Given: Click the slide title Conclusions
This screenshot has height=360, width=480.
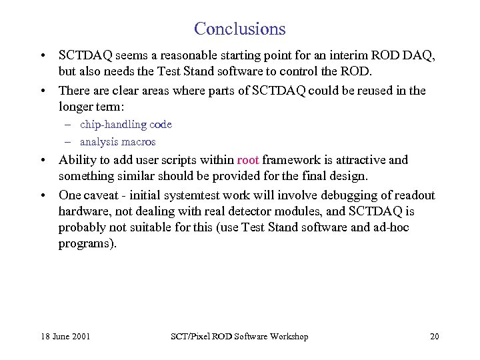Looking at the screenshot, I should tap(240, 29).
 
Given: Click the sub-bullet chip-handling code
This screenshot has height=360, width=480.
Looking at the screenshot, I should tap(126, 125).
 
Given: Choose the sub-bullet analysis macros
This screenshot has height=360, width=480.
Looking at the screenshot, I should tap(118, 142).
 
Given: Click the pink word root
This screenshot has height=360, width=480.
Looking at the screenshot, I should tap(248, 160).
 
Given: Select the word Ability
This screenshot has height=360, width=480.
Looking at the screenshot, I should tap(77, 160).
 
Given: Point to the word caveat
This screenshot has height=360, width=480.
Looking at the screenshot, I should tap(106, 195).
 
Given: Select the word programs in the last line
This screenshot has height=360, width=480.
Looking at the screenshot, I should tap(87, 244).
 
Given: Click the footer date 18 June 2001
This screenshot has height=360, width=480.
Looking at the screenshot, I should tap(64, 337).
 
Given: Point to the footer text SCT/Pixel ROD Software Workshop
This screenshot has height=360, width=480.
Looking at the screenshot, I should tap(239, 337).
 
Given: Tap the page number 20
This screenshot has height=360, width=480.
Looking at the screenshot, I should tap(434, 337).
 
